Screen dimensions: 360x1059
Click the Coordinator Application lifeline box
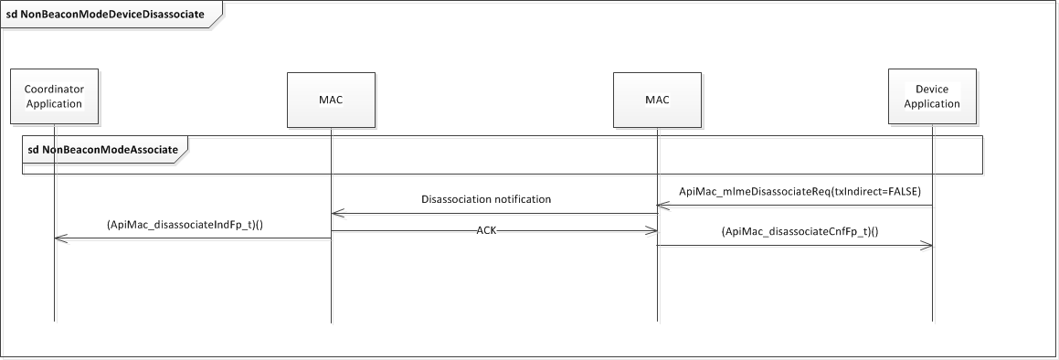tap(54, 97)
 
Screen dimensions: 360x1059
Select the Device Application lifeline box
tap(932, 97)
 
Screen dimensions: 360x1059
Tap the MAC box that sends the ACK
tap(331, 98)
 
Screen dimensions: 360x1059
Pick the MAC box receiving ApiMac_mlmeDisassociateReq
tap(657, 98)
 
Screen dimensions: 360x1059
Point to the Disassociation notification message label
tap(486, 198)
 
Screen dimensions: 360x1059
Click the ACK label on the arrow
tap(486, 231)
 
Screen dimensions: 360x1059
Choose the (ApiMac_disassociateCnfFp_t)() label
tap(800, 232)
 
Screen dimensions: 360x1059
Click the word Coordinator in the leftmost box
tap(54, 90)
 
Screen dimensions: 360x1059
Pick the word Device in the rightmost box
tap(932, 90)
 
